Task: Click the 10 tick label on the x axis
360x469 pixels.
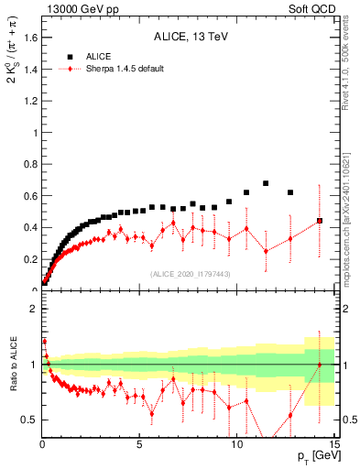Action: point(236,446)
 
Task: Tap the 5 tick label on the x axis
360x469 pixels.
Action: point(139,446)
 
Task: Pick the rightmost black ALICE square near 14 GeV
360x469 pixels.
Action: point(320,221)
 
